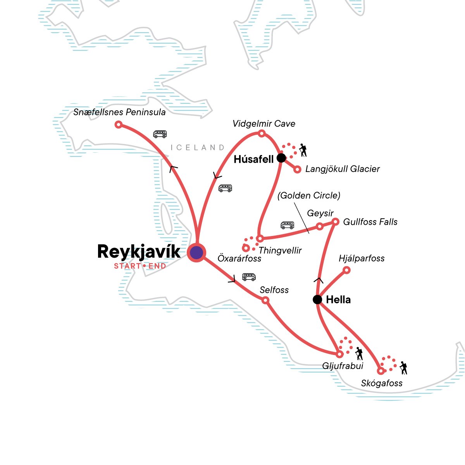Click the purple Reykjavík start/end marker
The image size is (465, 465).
[x=196, y=252]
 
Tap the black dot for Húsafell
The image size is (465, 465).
[x=281, y=158]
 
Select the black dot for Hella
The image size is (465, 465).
[x=317, y=300]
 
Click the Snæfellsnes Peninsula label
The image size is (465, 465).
[x=119, y=112]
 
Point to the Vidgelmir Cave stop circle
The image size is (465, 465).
[x=262, y=134]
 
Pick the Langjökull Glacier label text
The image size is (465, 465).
[x=343, y=169]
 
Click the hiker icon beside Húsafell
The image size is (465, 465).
[x=303, y=150]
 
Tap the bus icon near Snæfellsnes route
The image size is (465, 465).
[x=160, y=134]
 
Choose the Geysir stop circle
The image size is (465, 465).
[x=320, y=226]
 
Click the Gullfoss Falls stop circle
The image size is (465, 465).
[x=336, y=222]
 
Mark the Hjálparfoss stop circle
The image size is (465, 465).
[x=347, y=270]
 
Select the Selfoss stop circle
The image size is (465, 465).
[x=265, y=300]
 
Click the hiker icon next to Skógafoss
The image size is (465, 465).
[x=403, y=368]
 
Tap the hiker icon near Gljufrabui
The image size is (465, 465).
[x=359, y=353]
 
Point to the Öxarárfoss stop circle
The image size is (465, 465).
[x=246, y=248]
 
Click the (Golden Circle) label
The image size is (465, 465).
[x=309, y=195]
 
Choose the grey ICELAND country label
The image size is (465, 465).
[x=198, y=148]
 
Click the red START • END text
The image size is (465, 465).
[x=140, y=266]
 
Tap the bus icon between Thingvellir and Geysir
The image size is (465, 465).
[x=287, y=225]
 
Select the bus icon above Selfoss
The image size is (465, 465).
[x=249, y=277]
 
